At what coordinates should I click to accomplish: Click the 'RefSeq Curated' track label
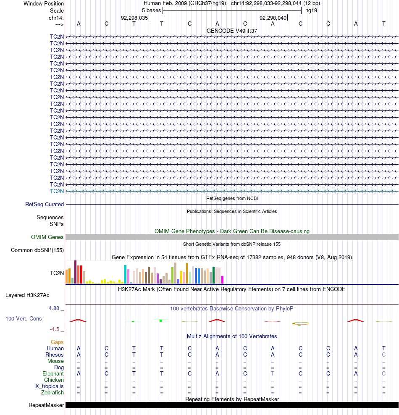[x=45, y=205]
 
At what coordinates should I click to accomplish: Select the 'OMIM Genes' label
[x=47, y=237]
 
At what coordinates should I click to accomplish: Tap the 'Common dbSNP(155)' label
[x=37, y=250]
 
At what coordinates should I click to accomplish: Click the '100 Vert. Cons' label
[x=24, y=319]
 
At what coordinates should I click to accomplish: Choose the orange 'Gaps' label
[x=57, y=342]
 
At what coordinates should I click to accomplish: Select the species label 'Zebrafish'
[x=52, y=393]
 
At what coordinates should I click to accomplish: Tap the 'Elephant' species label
[x=53, y=374]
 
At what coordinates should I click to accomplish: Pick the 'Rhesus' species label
[x=55, y=355]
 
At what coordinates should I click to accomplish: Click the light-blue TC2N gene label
[x=57, y=192]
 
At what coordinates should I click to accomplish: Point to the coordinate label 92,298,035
[x=134, y=18]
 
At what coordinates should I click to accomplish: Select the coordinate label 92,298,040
[x=273, y=18]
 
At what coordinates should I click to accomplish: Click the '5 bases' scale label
[x=151, y=10]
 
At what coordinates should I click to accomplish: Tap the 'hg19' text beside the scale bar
[x=311, y=10]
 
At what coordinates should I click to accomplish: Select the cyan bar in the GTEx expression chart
[x=125, y=274]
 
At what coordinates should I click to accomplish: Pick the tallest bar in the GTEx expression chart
[x=75, y=272]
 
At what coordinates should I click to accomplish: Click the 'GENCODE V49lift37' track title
[x=232, y=31]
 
